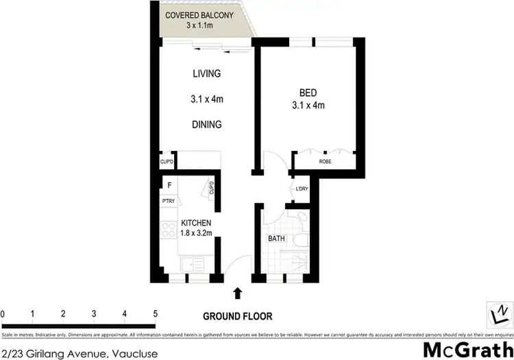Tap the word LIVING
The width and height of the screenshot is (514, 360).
coord(206,74)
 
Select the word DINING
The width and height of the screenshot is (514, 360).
coord(206,125)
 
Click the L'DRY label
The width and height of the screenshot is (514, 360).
coord(301,191)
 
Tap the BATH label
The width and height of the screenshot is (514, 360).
coord(276,239)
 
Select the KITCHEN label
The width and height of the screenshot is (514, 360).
coord(195,224)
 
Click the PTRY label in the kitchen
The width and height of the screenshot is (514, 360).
coord(168,202)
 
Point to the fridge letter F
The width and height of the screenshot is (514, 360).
coord(169,185)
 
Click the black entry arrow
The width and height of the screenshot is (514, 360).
coord(237,293)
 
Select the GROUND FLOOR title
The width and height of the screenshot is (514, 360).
coord(238,316)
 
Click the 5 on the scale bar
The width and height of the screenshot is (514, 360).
coord(156,313)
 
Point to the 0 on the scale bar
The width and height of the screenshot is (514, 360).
coord(3,313)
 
